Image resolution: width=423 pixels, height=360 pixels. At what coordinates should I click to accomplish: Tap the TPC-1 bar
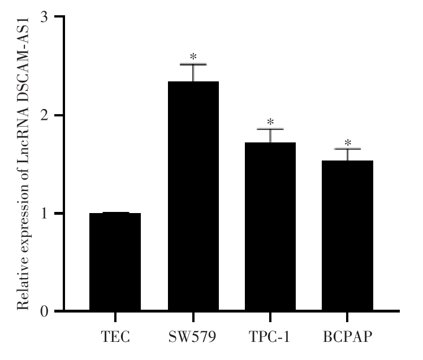click(270, 226)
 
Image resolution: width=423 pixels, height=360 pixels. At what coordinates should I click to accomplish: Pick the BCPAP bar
click(347, 236)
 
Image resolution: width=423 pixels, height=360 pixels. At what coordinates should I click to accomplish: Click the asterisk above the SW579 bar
click(193, 57)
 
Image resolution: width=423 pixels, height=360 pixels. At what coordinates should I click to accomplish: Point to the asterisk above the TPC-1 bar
click(270, 122)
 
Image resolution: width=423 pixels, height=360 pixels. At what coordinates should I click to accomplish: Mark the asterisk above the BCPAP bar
click(347, 142)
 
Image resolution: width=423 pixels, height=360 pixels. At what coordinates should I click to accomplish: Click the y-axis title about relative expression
click(24, 164)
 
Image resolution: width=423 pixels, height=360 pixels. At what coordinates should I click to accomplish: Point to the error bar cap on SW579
click(193, 64)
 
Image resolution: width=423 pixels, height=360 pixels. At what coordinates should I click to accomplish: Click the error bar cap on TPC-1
click(270, 129)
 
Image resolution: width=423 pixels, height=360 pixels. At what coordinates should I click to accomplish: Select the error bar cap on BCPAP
click(347, 149)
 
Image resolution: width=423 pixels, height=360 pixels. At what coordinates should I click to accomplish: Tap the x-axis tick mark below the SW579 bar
click(193, 316)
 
